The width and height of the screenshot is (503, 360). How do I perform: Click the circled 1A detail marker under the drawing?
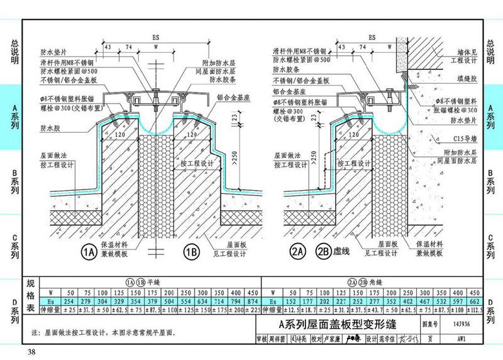coord(89,252)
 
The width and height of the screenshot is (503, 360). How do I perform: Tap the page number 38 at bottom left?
coord(31,351)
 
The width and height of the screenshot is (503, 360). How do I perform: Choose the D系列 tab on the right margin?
coord(492,311)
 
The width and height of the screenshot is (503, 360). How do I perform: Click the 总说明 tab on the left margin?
coord(11,53)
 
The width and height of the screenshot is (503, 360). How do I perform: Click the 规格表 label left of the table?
coord(30,296)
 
